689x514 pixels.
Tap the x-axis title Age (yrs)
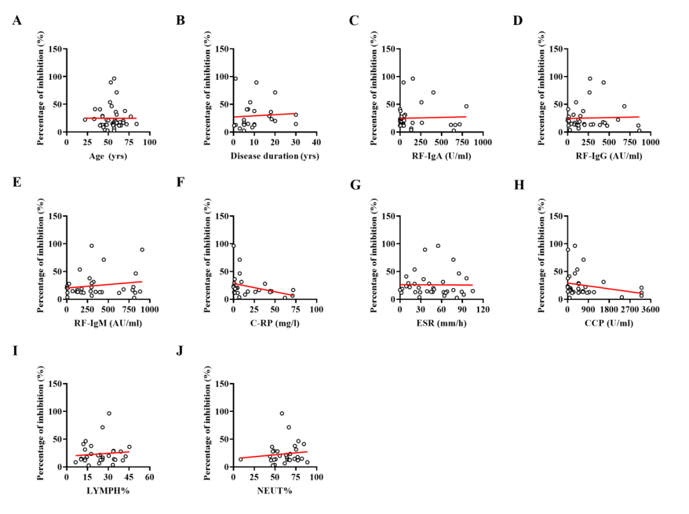tap(108, 156)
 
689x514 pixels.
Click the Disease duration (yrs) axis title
tap(275, 156)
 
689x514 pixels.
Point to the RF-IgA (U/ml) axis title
tap(441, 156)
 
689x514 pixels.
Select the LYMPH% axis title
tap(108, 490)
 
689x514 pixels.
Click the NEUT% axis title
tap(274, 490)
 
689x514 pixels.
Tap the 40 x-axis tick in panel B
tap(316, 142)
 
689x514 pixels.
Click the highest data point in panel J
tap(281, 413)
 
